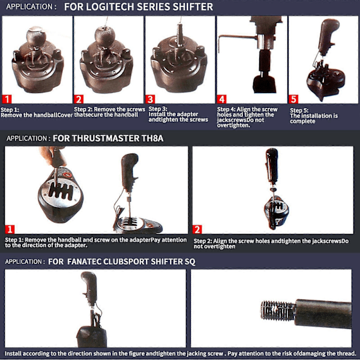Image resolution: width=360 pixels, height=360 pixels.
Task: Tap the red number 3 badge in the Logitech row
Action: point(150,100)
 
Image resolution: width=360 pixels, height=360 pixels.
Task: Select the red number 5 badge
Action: point(293,100)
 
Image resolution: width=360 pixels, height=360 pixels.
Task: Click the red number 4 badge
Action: point(221,100)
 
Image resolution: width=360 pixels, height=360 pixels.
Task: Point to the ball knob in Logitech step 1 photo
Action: point(36,37)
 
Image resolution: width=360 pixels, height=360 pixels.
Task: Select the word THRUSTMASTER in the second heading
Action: point(96,139)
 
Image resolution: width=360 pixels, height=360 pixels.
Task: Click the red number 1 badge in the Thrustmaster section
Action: point(10,229)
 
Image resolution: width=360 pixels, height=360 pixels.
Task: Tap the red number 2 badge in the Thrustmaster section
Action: point(197,229)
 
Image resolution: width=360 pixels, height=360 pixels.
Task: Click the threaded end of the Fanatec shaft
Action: point(278,310)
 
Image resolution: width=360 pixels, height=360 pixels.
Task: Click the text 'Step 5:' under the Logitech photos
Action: point(299,110)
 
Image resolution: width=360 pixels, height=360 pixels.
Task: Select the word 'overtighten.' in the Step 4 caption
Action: point(233,125)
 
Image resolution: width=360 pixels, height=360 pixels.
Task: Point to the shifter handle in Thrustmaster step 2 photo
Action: point(272,166)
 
